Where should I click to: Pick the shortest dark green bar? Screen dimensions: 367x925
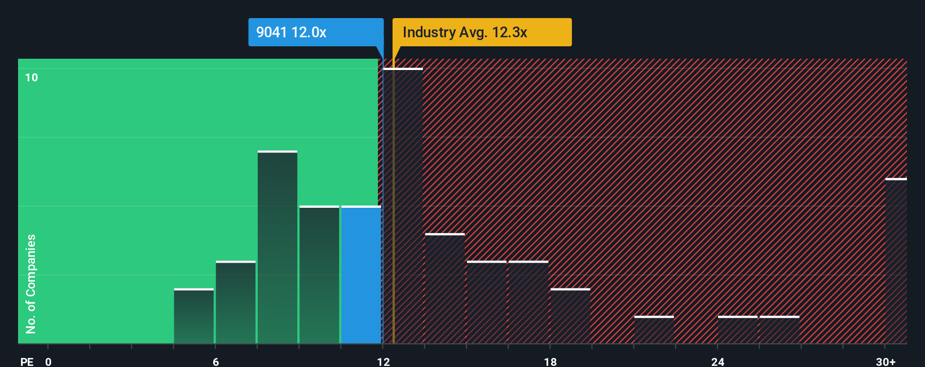(194, 316)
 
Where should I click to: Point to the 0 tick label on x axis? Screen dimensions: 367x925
(49, 361)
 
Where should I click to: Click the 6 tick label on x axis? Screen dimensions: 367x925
(215, 361)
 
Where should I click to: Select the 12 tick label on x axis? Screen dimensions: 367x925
(383, 361)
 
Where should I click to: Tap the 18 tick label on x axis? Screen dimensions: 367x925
(550, 361)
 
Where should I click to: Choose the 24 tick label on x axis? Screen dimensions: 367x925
(717, 361)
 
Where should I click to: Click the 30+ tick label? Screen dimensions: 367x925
(886, 361)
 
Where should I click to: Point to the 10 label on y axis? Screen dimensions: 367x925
(32, 77)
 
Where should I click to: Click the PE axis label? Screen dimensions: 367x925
(27, 361)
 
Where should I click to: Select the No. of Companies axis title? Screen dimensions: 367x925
(31, 283)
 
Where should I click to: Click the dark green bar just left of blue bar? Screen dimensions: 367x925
(319, 275)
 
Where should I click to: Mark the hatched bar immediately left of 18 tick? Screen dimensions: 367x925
(528, 302)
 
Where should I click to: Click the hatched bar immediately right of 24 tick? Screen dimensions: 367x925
(738, 330)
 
